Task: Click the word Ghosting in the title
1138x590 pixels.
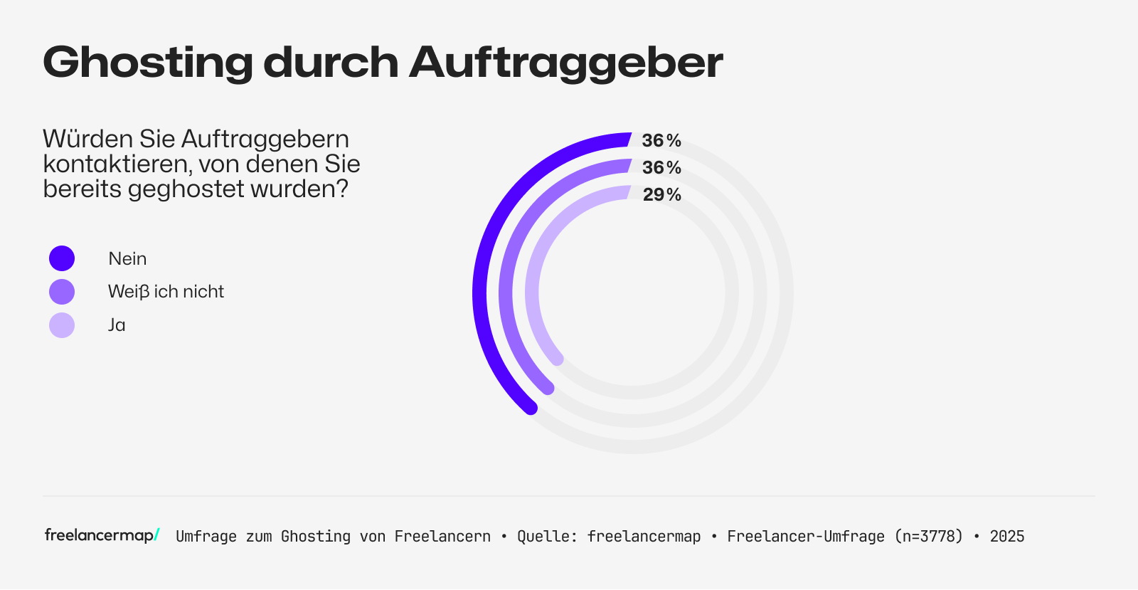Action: click(147, 63)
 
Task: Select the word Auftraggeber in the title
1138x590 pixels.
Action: click(565, 63)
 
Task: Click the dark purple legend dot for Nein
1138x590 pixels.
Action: click(62, 258)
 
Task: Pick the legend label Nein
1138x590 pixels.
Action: click(127, 258)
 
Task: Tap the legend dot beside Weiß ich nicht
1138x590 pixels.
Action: click(62, 292)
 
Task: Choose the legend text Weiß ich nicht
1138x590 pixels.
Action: click(166, 292)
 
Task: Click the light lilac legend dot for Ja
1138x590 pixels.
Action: click(62, 325)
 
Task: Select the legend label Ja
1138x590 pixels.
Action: click(117, 325)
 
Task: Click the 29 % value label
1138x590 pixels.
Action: click(661, 194)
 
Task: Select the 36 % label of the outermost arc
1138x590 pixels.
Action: click(661, 140)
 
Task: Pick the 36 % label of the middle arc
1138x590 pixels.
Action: click(661, 167)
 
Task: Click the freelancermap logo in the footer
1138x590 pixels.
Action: click(102, 535)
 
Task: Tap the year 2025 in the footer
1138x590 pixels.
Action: click(1007, 537)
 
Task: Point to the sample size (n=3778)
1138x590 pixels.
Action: click(928, 537)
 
